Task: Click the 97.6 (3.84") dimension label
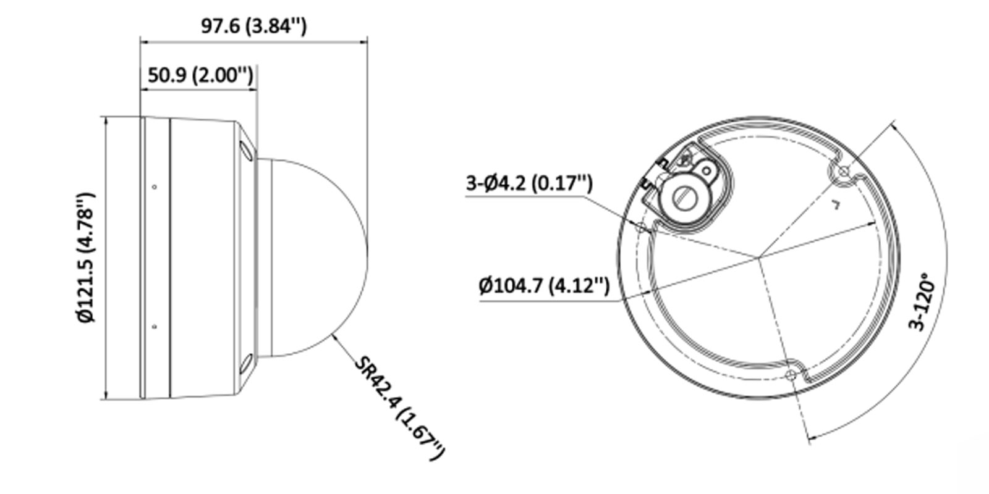[x=253, y=26]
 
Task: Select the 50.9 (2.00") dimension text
[x=200, y=75]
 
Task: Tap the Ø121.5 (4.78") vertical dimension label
[x=87, y=257]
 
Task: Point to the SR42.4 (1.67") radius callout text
[x=399, y=408]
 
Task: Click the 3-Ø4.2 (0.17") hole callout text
[x=528, y=183]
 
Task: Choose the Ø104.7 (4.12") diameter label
[x=544, y=285]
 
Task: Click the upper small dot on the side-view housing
[x=155, y=186]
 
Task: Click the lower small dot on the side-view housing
[x=155, y=327]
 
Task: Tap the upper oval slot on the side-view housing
[x=245, y=150]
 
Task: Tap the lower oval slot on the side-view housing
[x=245, y=364]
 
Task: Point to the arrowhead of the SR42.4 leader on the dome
[x=334, y=335]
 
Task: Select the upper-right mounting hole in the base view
[x=842, y=172]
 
